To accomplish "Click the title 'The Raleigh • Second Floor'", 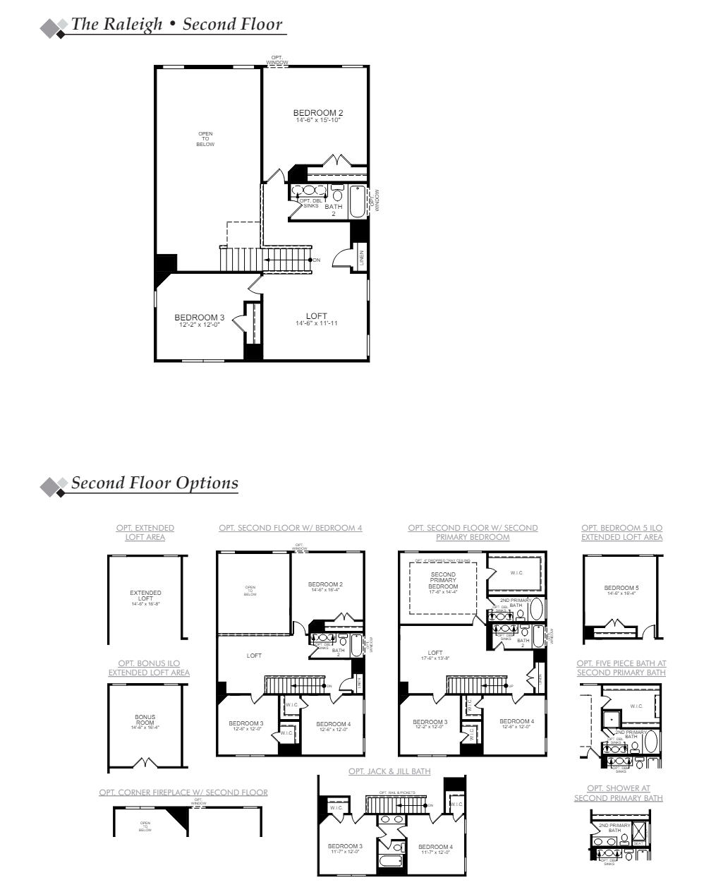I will pyautogui.click(x=176, y=24).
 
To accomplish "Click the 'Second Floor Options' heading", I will pyautogui.click(x=154, y=483).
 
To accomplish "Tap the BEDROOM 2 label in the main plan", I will pyautogui.click(x=318, y=113).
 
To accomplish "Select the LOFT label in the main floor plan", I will pyautogui.click(x=317, y=316).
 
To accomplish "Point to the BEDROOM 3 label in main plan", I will pyautogui.click(x=199, y=318).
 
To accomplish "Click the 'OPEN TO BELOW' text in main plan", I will pyautogui.click(x=205, y=139).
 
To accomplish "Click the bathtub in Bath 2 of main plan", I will pyautogui.click(x=356, y=202).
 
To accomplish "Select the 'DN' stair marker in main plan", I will pyautogui.click(x=316, y=260).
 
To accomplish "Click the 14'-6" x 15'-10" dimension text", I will pyautogui.click(x=318, y=121).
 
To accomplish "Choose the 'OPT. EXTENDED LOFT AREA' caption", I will pyautogui.click(x=145, y=532).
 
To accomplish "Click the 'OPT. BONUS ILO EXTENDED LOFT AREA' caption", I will pyautogui.click(x=149, y=668).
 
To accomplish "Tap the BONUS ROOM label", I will pyautogui.click(x=145, y=720).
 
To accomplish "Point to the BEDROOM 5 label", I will pyautogui.click(x=621, y=588).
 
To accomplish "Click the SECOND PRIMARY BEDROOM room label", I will pyautogui.click(x=443, y=581).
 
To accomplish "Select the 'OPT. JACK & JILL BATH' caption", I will pyautogui.click(x=389, y=771).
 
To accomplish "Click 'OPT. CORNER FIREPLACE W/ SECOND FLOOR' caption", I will pyautogui.click(x=183, y=792).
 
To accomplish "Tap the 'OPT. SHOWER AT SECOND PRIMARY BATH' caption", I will pyautogui.click(x=619, y=793).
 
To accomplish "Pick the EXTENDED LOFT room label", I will pyautogui.click(x=145, y=596).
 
